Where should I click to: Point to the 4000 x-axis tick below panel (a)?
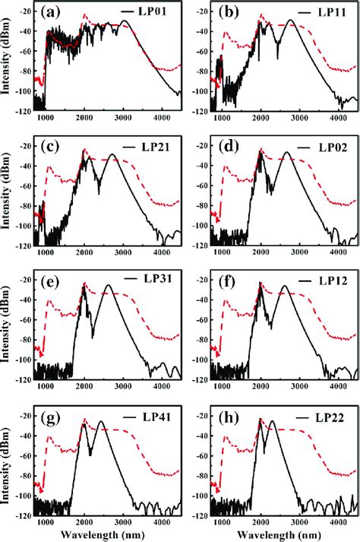(x=161, y=119)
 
